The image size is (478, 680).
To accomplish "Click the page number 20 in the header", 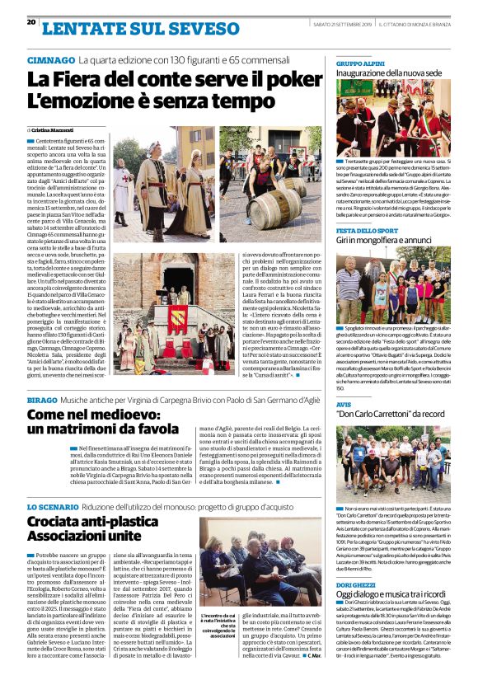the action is pyautogui.click(x=30, y=22).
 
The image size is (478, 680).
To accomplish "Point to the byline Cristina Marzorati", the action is pyautogui.click(x=54, y=130).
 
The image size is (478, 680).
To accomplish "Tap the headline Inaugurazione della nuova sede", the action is pyautogui.click(x=390, y=73).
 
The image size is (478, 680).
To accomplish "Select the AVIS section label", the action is pyautogui.click(x=344, y=405).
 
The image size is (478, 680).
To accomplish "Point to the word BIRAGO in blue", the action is pyautogui.click(x=42, y=399).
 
